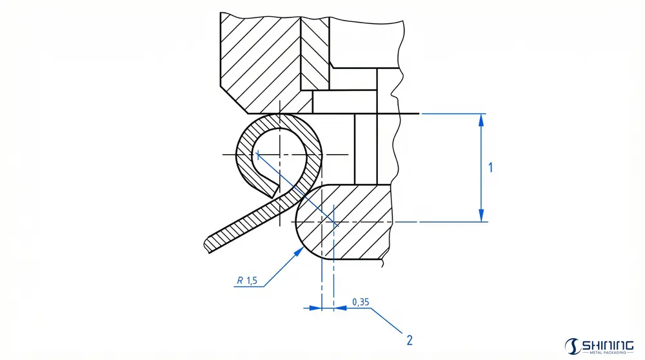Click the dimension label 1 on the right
(x=491, y=168)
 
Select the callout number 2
(x=409, y=339)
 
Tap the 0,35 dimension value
(x=361, y=302)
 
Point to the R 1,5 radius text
(x=247, y=281)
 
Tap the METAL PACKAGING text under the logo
(x=607, y=354)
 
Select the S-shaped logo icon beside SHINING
(x=571, y=347)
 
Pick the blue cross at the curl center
(x=257, y=154)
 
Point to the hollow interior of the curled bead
(x=277, y=155)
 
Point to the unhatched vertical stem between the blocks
(x=366, y=148)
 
